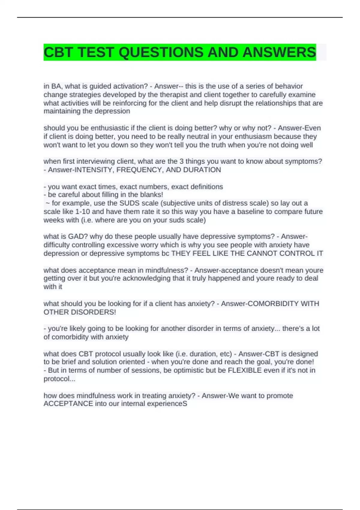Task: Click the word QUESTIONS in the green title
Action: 161,52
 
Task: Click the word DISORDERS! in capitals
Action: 93,312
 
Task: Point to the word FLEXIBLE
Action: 245,370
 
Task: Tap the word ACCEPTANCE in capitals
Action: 68,404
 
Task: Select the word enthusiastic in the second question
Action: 110,128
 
